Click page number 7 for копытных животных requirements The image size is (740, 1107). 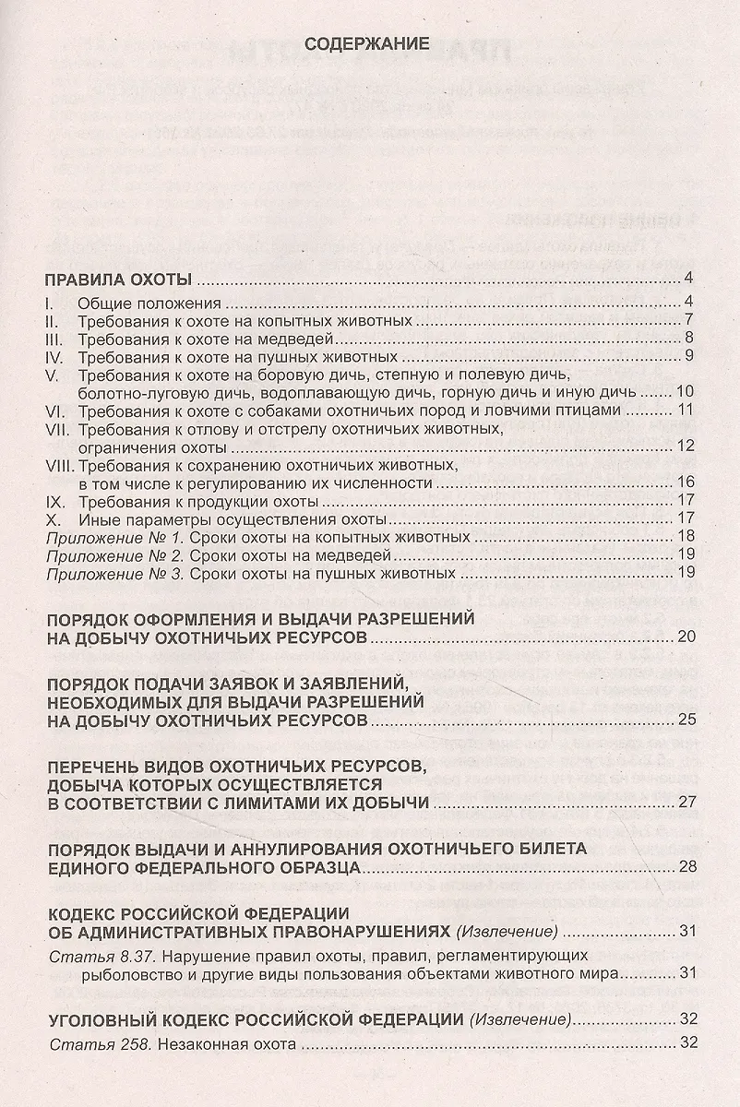[x=688, y=321]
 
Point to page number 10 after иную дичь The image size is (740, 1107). [x=685, y=392]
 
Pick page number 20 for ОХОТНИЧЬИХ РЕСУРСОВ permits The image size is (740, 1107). [x=685, y=637]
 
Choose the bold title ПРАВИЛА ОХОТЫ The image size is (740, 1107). [x=118, y=280]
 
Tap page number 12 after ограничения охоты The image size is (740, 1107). [x=685, y=446]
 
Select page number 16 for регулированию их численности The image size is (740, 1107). [x=685, y=482]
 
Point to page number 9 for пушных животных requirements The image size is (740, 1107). [x=688, y=356]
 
